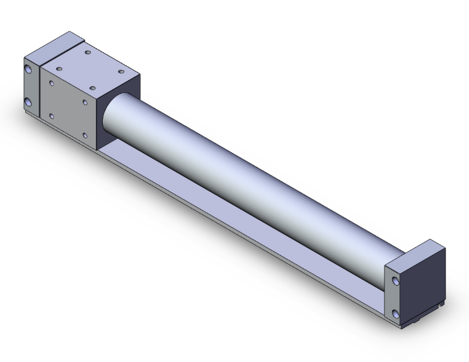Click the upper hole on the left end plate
click(29, 69)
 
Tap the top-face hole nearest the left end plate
click(59, 69)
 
